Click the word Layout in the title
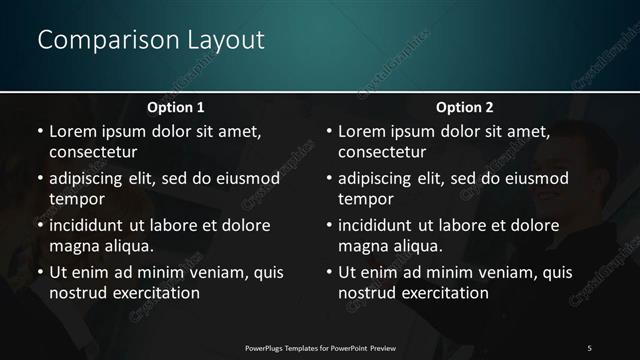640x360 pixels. (225, 41)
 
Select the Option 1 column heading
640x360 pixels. (176, 107)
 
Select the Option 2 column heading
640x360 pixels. (465, 107)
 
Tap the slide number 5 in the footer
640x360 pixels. (589, 347)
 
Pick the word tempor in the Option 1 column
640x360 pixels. (75, 199)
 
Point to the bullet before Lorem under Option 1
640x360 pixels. (39, 131)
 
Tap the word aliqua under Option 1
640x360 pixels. (127, 246)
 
